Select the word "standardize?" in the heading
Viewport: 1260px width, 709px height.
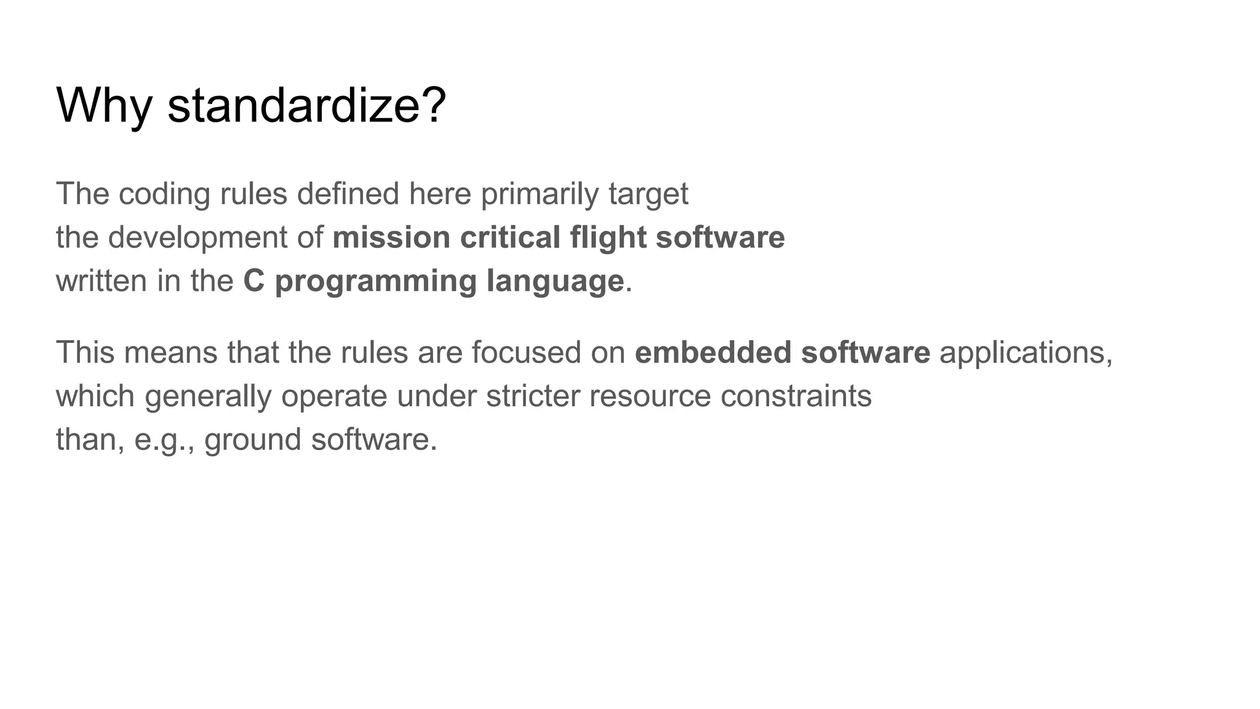306,106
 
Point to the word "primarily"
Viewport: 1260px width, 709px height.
540,194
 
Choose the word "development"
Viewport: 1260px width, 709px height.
197,238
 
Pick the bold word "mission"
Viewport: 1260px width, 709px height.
391,238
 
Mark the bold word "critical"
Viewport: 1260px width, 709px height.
510,238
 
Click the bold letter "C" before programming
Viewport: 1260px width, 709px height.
253,281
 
